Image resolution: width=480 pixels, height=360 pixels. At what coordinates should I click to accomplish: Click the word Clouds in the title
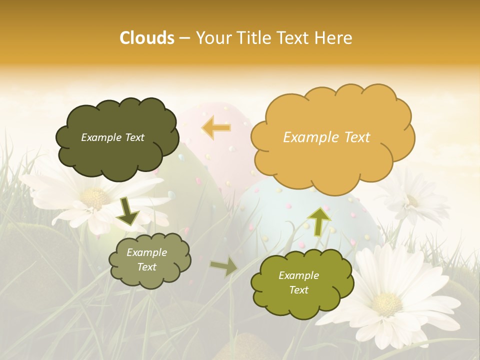click(147, 38)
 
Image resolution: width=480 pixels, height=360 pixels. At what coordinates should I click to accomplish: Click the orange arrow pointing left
click(216, 128)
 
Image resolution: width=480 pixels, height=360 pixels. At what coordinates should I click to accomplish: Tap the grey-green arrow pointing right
click(224, 266)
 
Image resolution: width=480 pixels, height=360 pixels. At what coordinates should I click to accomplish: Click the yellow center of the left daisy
click(95, 199)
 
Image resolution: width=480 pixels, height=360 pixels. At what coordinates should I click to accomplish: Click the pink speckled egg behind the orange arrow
click(220, 150)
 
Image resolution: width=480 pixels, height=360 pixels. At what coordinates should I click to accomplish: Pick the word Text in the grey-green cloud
click(147, 267)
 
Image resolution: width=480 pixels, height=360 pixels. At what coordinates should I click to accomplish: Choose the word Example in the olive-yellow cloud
click(298, 275)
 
